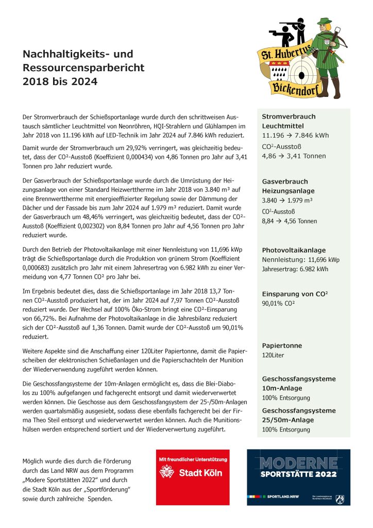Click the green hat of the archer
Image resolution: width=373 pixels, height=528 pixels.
click(324, 23)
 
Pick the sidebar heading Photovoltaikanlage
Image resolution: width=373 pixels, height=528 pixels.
click(294, 250)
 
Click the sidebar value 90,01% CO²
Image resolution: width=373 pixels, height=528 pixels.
click(278, 304)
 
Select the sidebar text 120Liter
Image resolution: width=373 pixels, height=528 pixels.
click(273, 355)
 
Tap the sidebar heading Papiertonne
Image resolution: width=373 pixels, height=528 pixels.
click(282, 345)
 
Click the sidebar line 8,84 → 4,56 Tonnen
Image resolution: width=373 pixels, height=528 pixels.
click(290, 221)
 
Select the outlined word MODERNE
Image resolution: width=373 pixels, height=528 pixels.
click(299, 463)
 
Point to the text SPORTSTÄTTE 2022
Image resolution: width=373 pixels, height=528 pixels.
click(299, 474)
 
